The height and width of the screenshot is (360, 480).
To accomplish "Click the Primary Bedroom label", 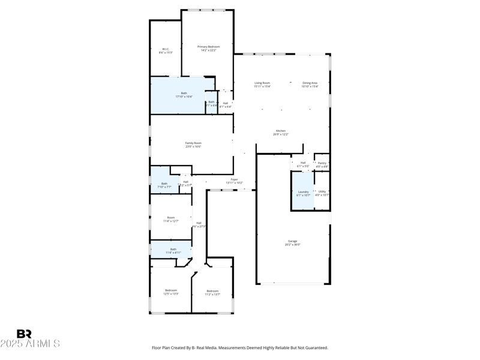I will [x=209, y=47].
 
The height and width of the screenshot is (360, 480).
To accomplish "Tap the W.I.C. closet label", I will [x=166, y=49].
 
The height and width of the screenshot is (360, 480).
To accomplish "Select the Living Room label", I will [x=262, y=83].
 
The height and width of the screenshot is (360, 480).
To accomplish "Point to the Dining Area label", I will [x=310, y=83].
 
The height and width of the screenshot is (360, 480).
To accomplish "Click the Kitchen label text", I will [x=281, y=131].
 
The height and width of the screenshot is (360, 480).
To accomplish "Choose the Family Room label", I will [x=193, y=143].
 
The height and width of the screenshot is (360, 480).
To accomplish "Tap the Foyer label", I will [x=235, y=179].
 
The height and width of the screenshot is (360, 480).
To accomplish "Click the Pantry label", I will [x=322, y=163].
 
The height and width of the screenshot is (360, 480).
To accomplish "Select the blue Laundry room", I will [x=303, y=191].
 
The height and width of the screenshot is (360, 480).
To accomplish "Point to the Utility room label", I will [x=322, y=191].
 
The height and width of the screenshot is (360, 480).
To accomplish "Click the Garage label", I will [x=292, y=241].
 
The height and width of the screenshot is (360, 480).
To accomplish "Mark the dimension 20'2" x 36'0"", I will [x=292, y=245].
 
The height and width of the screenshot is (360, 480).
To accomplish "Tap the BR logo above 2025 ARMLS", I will [x=24, y=334].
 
